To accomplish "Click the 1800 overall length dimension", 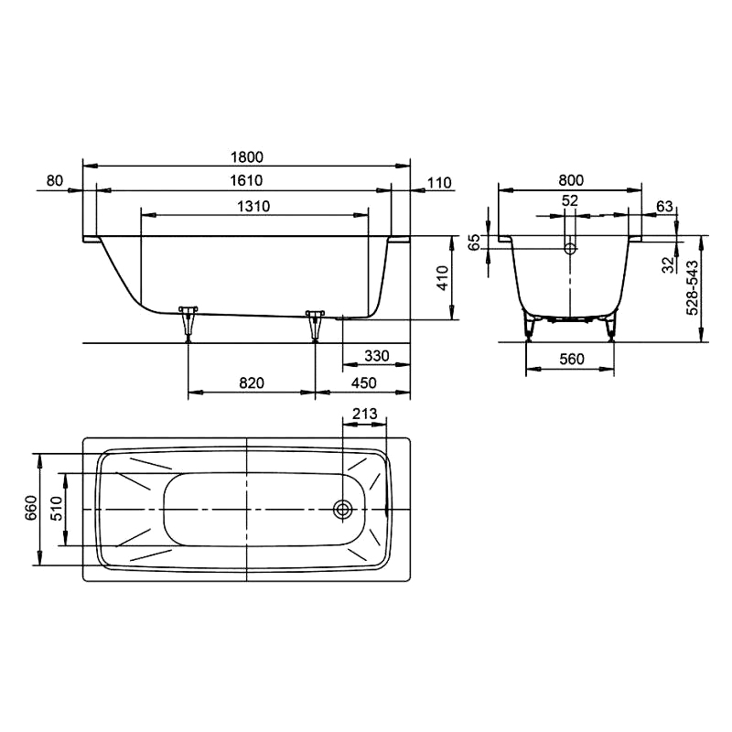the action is (247, 156).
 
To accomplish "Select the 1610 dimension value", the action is (246, 180).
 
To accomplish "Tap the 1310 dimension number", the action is (253, 206).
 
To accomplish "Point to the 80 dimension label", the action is (55, 180).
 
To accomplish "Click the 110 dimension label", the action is (439, 182).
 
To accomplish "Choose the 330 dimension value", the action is (377, 356).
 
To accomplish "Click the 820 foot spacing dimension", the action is (252, 382).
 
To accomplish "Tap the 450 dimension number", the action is (363, 382).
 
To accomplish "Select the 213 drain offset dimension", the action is (364, 414).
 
